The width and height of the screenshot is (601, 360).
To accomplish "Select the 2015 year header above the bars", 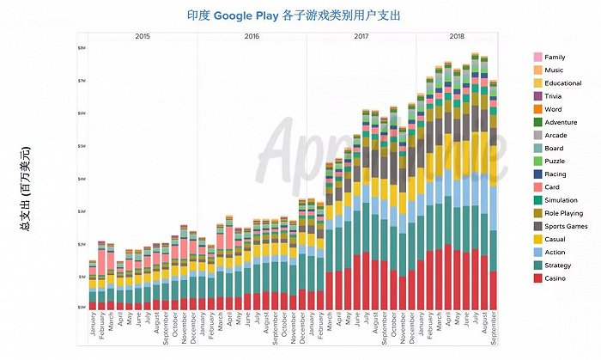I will [x=143, y=36].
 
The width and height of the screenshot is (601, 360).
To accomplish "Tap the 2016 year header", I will [x=252, y=36].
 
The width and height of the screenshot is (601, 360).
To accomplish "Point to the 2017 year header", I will [x=361, y=36].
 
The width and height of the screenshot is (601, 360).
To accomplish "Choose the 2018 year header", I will [x=457, y=36].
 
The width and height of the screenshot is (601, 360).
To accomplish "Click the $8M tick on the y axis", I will [x=82, y=48].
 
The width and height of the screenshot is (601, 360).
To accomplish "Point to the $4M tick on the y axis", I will [x=82, y=179].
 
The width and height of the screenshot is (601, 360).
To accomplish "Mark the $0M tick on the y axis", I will [x=82, y=308].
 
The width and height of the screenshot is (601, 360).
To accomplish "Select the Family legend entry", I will [x=555, y=57].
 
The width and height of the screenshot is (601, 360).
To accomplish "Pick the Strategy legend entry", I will [x=556, y=266].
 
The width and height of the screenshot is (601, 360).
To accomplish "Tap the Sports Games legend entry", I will [x=562, y=227].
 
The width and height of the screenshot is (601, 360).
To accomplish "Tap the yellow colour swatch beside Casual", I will [x=537, y=240].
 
